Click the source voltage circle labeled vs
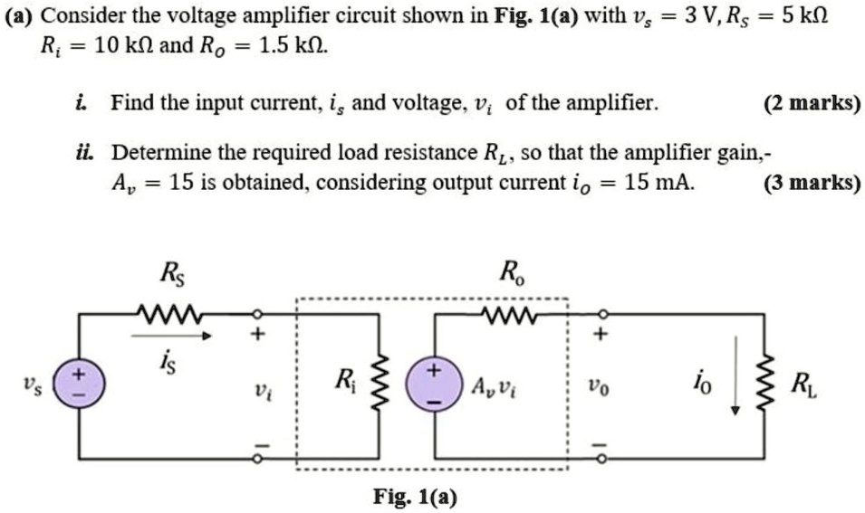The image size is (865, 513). (82, 384)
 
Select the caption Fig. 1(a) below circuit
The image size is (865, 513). (416, 497)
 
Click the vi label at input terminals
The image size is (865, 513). (259, 391)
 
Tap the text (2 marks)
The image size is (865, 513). (812, 104)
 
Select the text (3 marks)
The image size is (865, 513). (812, 183)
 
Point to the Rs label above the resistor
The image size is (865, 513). (168, 271)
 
